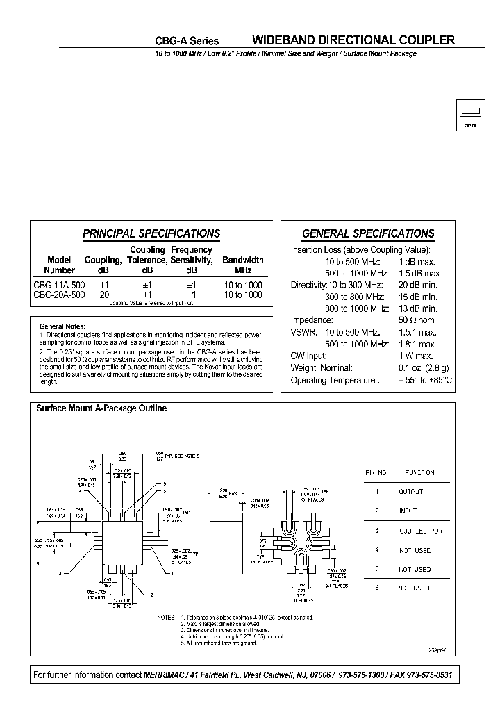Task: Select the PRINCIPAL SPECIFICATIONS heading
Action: (x=151, y=234)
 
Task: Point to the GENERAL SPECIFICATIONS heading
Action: (x=368, y=234)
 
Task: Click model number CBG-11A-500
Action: (x=59, y=285)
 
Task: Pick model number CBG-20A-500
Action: (x=59, y=295)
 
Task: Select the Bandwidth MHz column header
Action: (x=242, y=265)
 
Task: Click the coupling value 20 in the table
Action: (x=104, y=295)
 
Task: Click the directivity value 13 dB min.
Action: (x=417, y=308)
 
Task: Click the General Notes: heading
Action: (x=62, y=326)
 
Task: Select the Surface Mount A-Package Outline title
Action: (x=101, y=408)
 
